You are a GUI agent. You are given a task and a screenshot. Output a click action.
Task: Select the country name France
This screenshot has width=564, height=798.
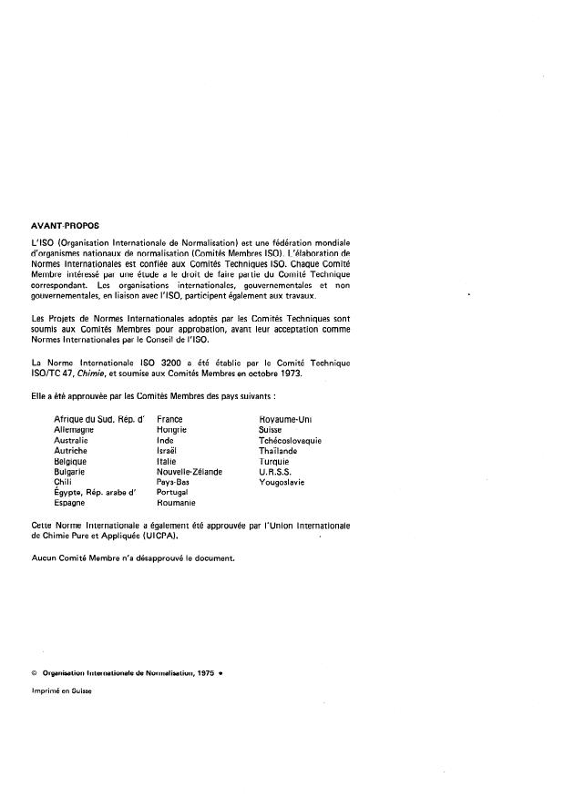click(169, 419)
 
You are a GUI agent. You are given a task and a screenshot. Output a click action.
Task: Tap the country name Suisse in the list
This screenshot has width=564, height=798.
click(271, 429)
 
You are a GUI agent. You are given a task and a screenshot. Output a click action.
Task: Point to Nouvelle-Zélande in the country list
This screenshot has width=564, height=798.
click(190, 472)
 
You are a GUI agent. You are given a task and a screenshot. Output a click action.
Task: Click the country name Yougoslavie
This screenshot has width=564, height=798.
click(282, 482)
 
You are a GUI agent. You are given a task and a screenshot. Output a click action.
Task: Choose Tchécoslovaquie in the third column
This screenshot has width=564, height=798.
click(290, 440)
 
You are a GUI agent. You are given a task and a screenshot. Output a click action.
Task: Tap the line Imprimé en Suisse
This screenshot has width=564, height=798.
click(62, 691)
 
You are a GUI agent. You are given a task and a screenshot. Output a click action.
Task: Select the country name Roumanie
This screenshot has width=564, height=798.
click(177, 503)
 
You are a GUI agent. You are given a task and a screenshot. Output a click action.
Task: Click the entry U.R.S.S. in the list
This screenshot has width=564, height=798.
click(275, 472)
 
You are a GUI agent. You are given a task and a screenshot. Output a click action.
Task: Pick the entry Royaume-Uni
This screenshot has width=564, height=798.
click(286, 419)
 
